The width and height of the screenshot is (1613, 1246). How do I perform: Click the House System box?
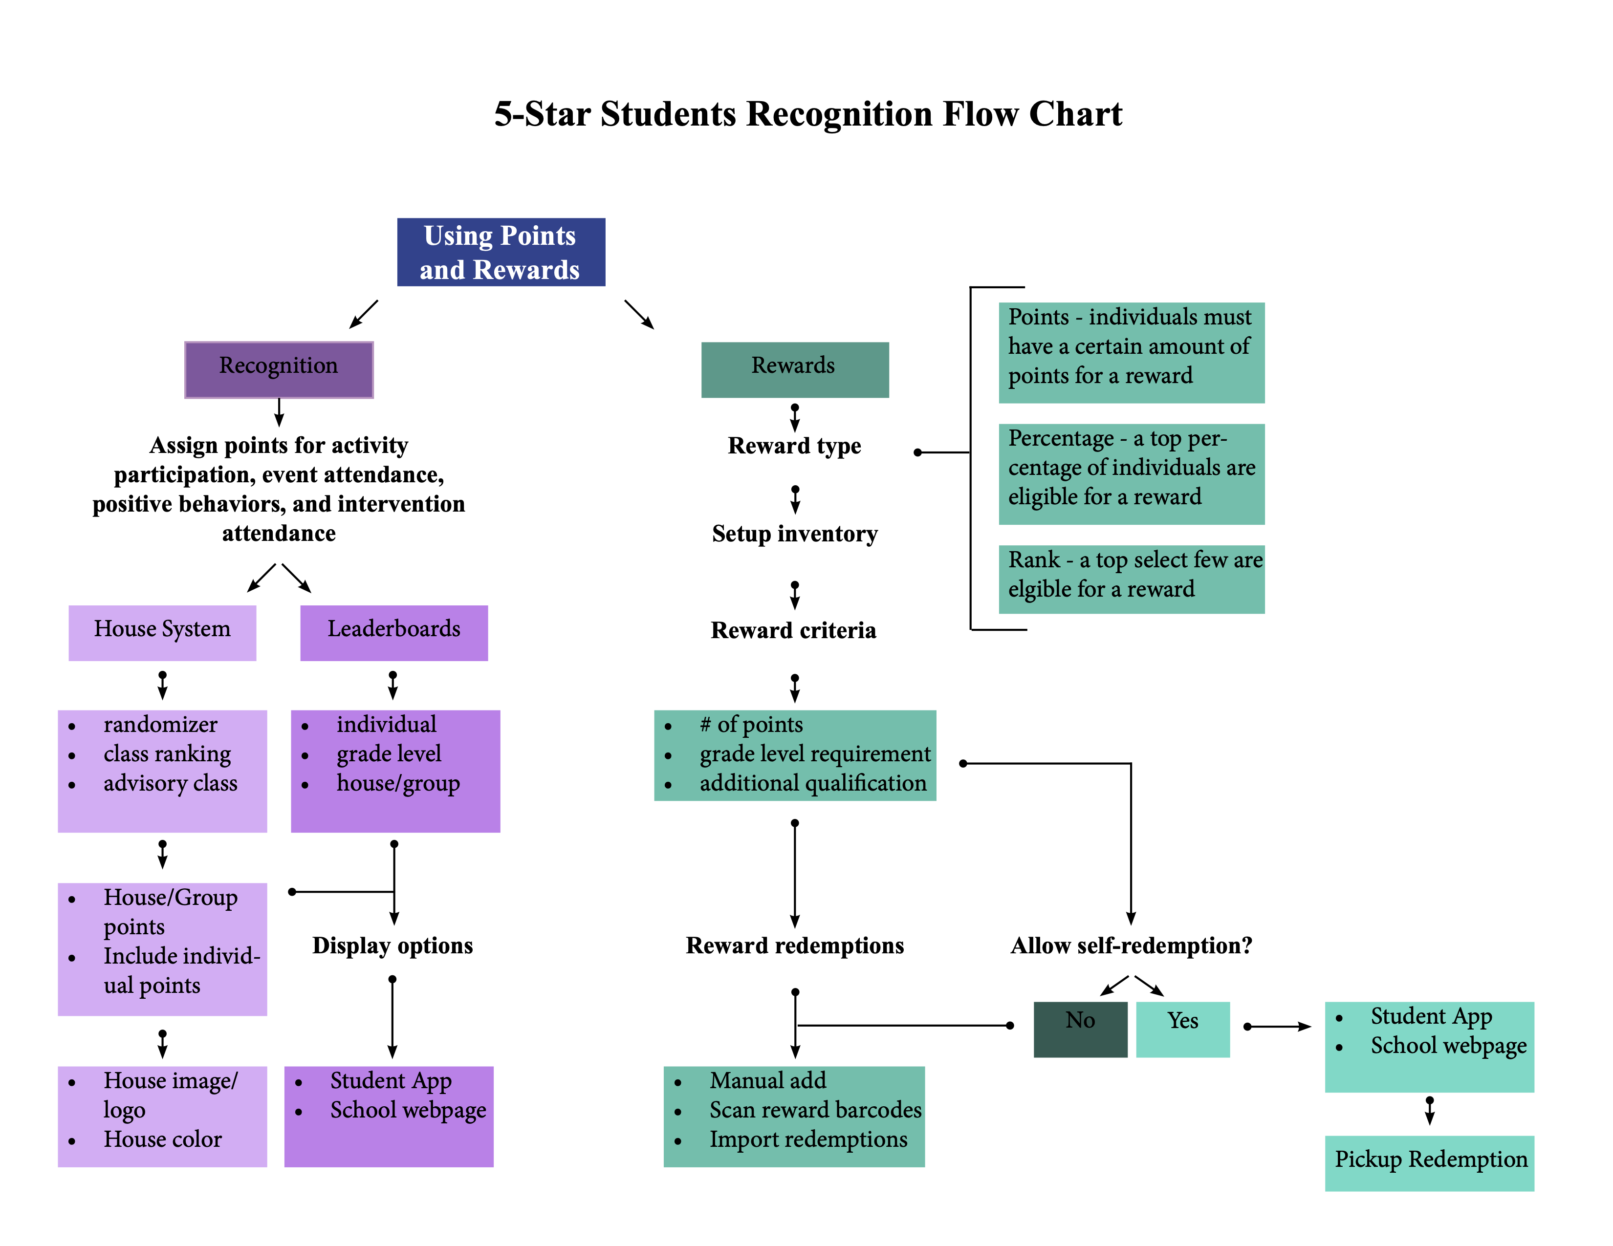click(x=162, y=632)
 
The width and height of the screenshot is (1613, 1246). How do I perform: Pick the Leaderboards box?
click(x=393, y=632)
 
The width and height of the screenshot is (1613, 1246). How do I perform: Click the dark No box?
click(x=1080, y=1028)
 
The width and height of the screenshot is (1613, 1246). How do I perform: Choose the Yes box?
click(x=1182, y=1028)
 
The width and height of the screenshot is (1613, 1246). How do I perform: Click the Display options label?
click(x=392, y=945)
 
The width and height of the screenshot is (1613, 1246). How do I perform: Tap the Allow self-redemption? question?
click(x=1131, y=945)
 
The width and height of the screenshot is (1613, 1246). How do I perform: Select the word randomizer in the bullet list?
click(x=160, y=725)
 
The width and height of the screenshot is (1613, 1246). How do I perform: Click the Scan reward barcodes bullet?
click(x=815, y=1110)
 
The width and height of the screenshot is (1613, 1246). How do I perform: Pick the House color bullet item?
click(x=162, y=1139)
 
